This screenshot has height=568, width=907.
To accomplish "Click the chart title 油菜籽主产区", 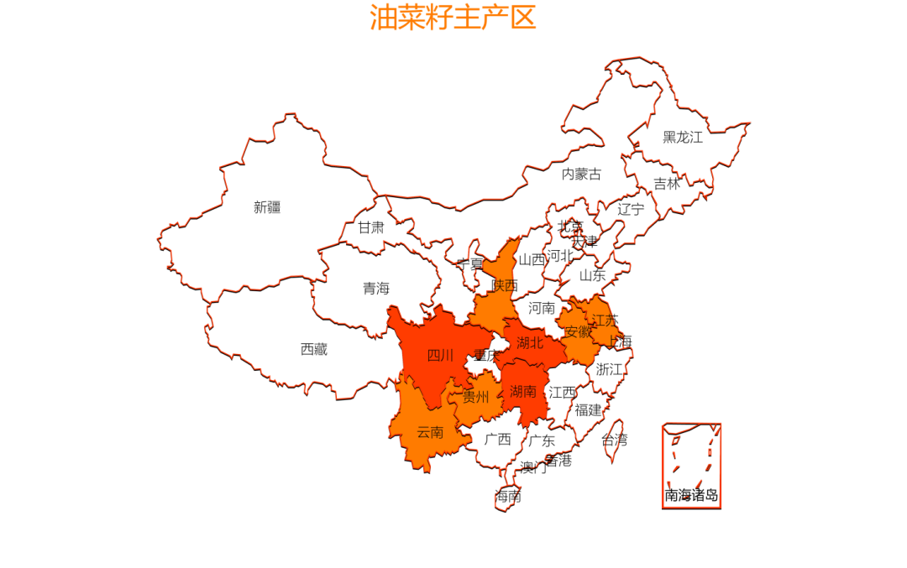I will (453, 18).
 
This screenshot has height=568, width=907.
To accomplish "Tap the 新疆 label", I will (267, 207).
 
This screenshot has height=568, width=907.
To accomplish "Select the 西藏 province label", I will (314, 349).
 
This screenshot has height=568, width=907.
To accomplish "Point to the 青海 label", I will (376, 289).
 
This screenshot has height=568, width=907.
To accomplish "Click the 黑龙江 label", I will (682, 137).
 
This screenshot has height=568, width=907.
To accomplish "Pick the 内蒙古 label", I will (581, 175).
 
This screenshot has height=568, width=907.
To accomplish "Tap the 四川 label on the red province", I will (440, 356).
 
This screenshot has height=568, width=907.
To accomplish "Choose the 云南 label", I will (430, 433).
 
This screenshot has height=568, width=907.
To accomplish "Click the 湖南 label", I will (523, 391).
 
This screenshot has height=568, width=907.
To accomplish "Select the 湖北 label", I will (530, 342).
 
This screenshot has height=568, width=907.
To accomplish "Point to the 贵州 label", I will (476, 397).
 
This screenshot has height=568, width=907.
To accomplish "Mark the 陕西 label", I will (505, 285).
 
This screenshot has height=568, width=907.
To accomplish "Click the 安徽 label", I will (578, 331).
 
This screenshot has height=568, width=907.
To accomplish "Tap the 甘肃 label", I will (371, 227).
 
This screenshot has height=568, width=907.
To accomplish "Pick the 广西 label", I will (497, 439).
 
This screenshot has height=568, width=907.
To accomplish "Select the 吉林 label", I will (667, 184).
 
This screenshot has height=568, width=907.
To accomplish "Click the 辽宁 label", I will (631, 209).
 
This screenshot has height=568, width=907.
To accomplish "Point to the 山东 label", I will (592, 274).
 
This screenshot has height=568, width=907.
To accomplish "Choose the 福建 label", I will (589, 410).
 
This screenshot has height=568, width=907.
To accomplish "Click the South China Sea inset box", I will (691, 465).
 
